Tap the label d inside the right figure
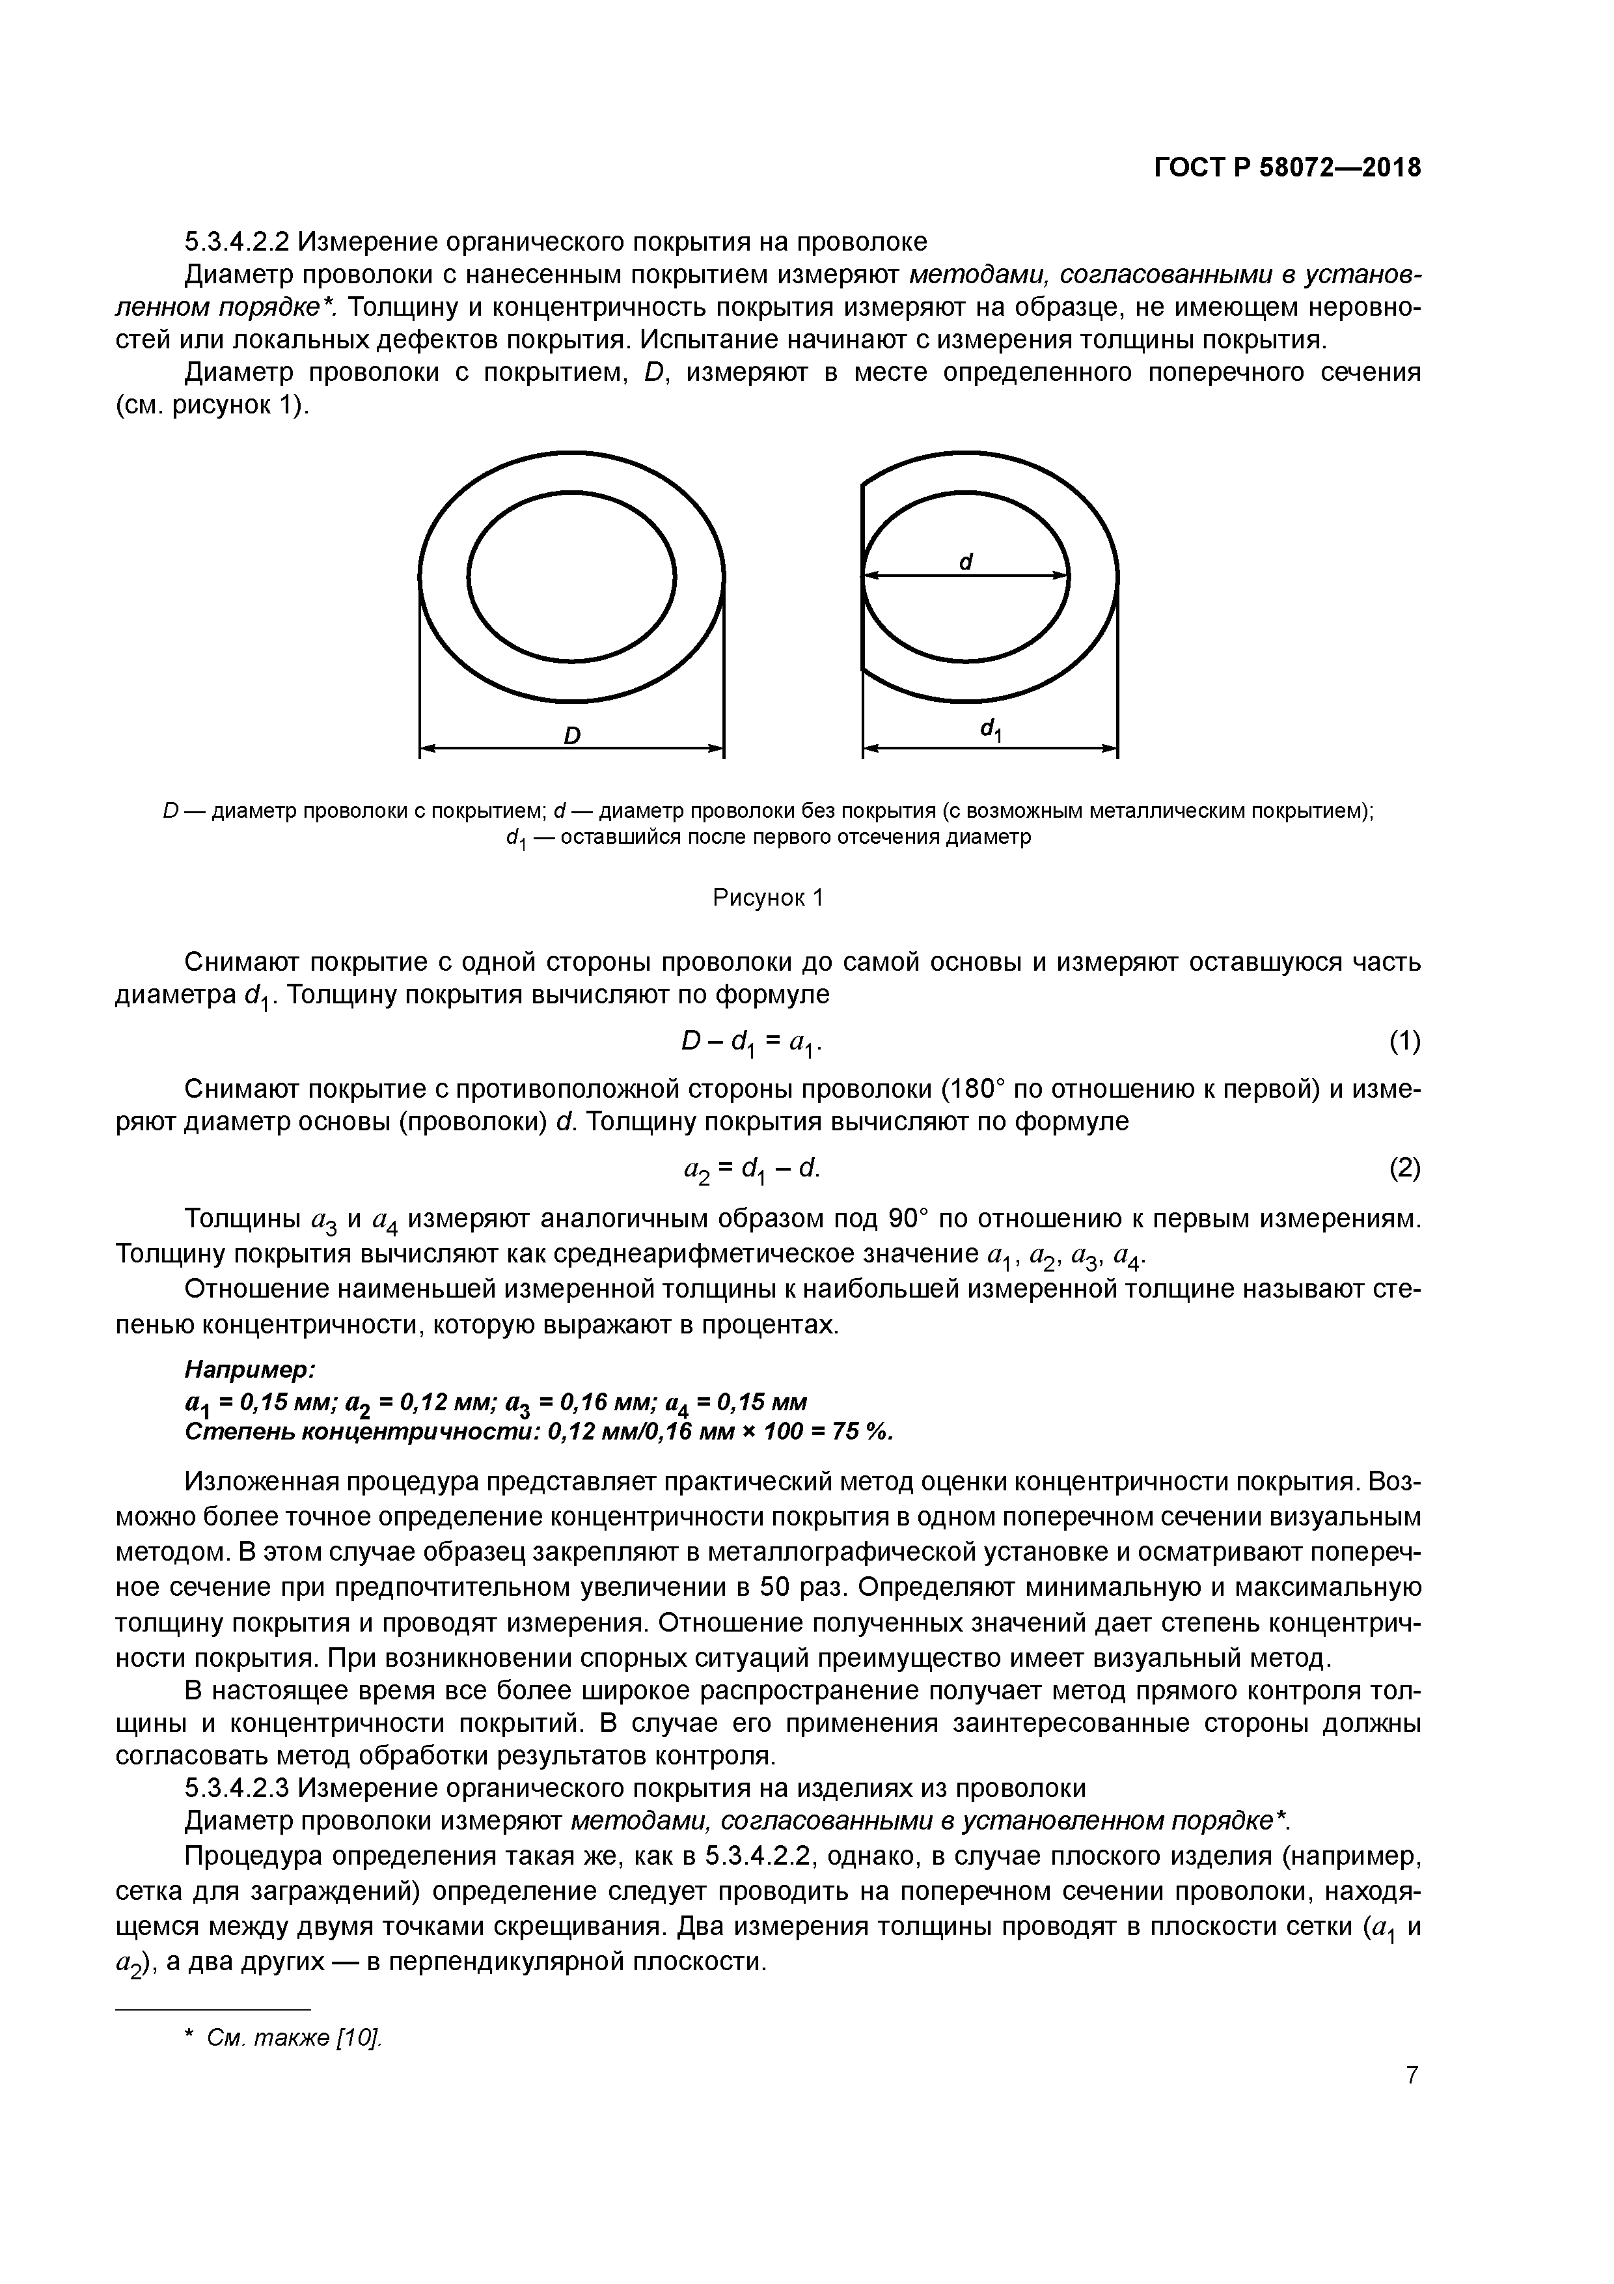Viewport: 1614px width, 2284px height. click(964, 561)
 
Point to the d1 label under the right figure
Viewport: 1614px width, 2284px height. click(991, 731)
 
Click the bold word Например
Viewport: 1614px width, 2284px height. click(251, 1371)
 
